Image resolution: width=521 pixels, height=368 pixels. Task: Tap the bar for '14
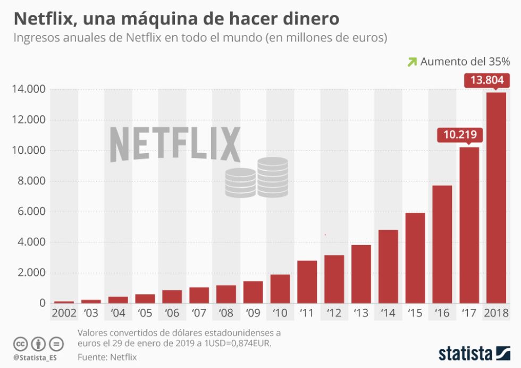[x=388, y=266]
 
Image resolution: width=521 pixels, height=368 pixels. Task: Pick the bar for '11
[x=307, y=282]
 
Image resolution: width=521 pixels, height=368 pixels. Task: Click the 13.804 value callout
[x=488, y=81]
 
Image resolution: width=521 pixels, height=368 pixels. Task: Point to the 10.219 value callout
[x=459, y=135]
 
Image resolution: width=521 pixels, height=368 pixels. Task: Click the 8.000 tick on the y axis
[x=29, y=181]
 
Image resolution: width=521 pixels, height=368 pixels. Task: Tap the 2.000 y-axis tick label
[x=29, y=273]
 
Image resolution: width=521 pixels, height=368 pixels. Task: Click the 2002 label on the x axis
[x=64, y=313]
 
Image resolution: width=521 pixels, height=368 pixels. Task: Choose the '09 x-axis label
[x=253, y=313]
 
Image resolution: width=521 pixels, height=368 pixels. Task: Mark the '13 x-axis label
[x=361, y=313]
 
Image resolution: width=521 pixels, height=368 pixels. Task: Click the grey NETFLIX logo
[x=175, y=144]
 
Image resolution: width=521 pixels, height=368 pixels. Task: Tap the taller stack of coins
[x=273, y=177]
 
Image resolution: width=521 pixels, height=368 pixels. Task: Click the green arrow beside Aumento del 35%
[x=411, y=62]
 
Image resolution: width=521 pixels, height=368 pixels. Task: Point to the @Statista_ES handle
[x=35, y=357]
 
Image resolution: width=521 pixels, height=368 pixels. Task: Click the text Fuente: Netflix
[x=107, y=357]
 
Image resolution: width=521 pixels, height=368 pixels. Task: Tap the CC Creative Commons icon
[x=20, y=344]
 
